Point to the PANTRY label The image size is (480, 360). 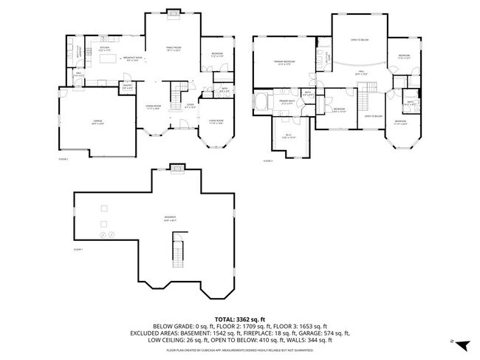tap(127, 87)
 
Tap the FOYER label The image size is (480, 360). tap(189, 106)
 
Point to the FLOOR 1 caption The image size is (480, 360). tap(78, 251)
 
